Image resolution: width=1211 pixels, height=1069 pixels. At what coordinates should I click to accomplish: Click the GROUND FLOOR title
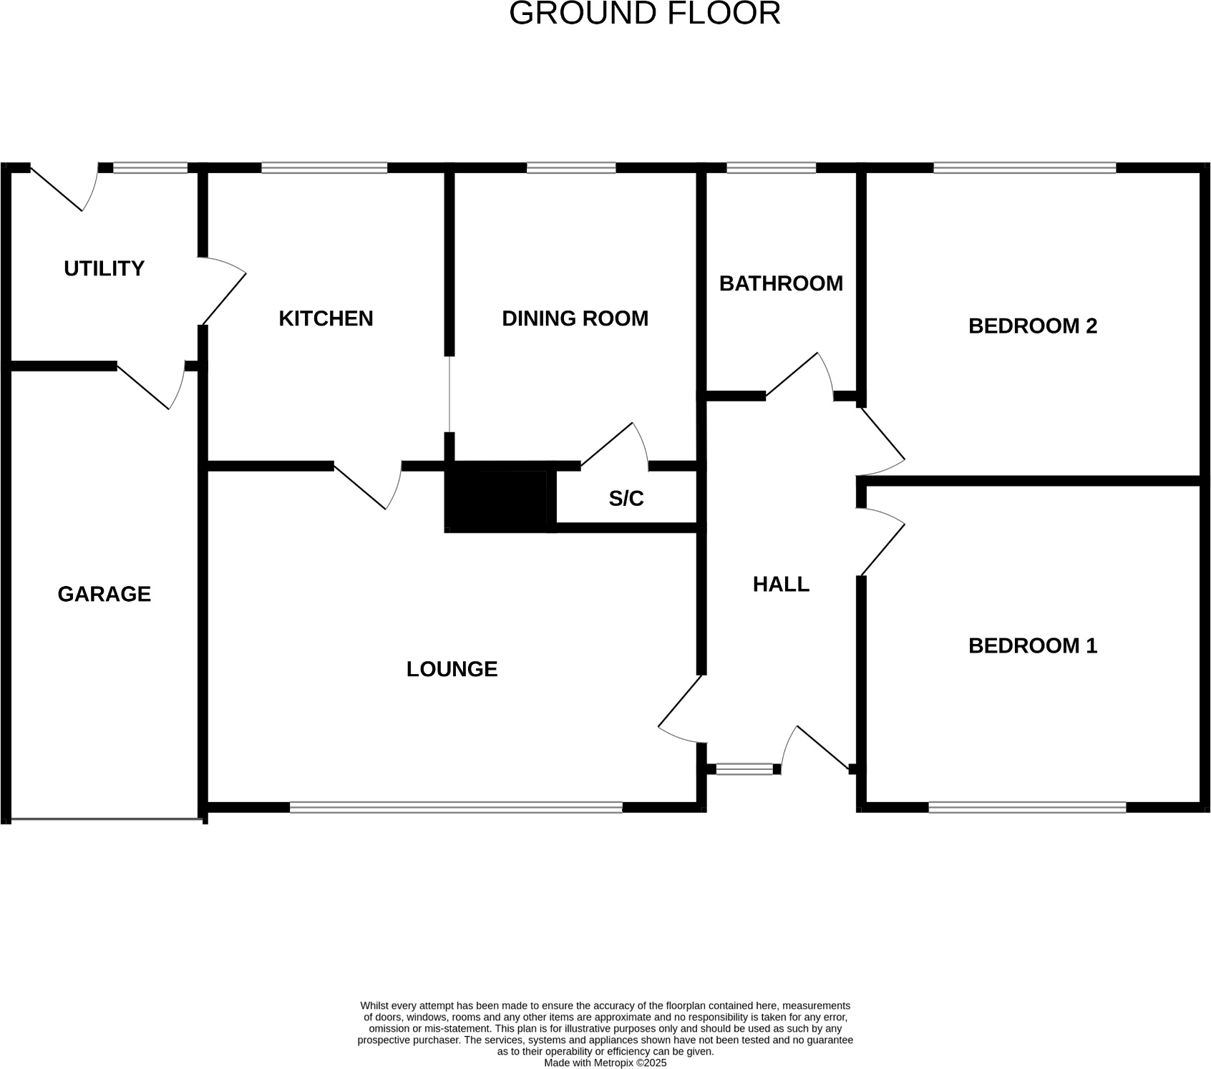[644, 14]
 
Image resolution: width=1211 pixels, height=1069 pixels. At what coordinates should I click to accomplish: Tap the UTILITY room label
[104, 268]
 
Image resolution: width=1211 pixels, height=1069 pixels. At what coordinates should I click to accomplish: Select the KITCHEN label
[326, 318]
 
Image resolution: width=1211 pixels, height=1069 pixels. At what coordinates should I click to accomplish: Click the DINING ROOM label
[575, 318]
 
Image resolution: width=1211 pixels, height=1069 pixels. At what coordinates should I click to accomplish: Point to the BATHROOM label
[781, 283]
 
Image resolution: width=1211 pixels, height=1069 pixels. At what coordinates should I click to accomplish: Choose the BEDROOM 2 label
[1032, 326]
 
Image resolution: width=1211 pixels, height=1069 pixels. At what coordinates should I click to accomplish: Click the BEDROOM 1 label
[1032, 645]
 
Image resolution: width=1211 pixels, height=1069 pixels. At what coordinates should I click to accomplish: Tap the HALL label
[781, 585]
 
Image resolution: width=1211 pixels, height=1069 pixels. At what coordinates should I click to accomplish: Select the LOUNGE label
[452, 669]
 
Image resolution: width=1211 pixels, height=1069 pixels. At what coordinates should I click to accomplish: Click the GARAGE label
[104, 594]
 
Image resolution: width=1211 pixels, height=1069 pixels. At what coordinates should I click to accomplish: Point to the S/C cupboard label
[626, 499]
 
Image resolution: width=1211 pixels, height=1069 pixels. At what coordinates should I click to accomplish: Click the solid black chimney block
[497, 499]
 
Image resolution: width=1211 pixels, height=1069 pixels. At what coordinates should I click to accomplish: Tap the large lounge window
[456, 807]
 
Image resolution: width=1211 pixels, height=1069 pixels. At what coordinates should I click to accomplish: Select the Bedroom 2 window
[1024, 168]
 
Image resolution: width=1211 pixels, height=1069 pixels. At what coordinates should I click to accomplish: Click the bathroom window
[771, 168]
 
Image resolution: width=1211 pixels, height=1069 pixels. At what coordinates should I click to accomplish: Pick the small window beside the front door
[744, 769]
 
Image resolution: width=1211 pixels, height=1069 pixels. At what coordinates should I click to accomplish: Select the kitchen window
[324, 168]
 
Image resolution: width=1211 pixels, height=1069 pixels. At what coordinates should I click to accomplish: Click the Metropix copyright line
[605, 1063]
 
